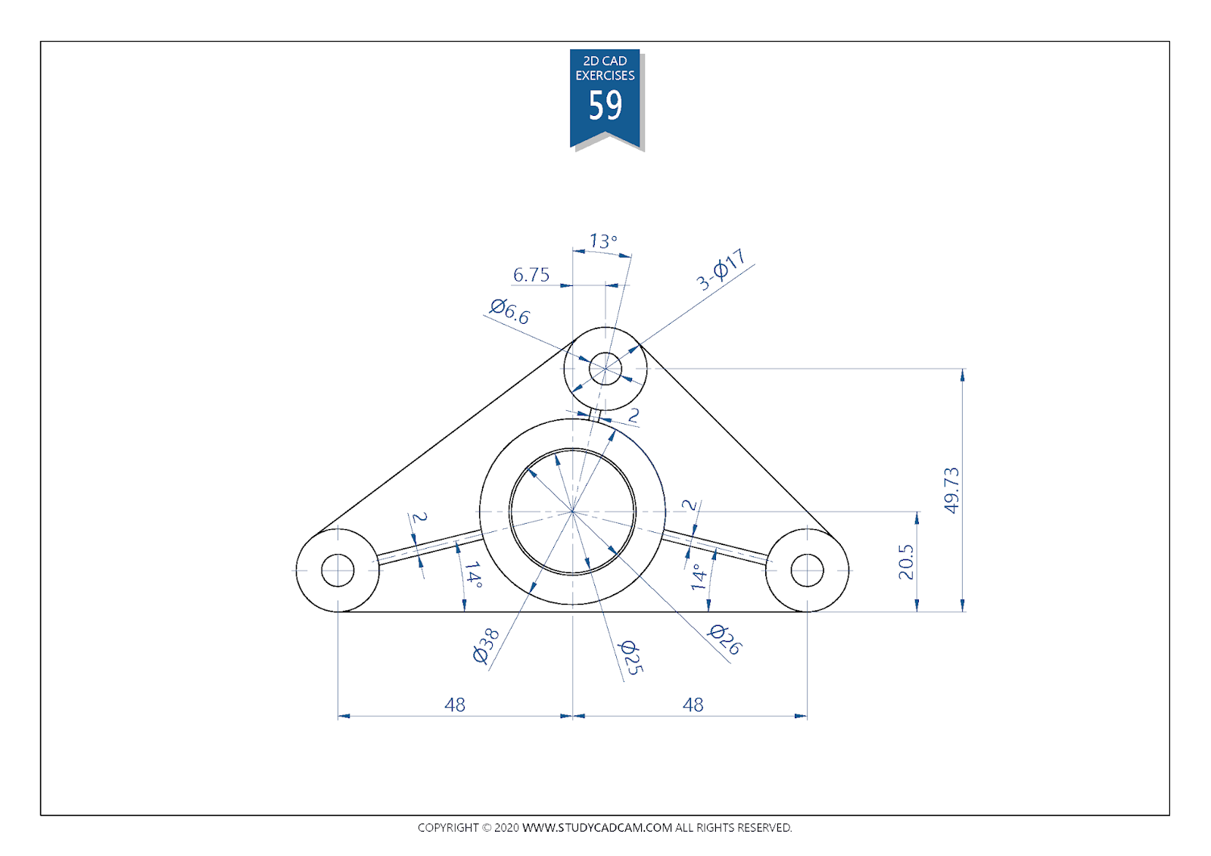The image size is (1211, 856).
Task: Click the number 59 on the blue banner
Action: [x=605, y=106]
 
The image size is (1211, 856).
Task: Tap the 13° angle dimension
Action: [x=603, y=241]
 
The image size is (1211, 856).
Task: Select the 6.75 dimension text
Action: [x=531, y=275]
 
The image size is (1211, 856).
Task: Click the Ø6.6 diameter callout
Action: [x=509, y=311]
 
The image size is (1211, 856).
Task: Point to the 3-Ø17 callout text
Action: [x=721, y=269]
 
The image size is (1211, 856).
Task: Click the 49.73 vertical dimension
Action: [x=951, y=490]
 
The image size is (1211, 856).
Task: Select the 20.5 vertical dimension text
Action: [x=906, y=562]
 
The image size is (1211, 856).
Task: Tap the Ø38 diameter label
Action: [x=485, y=646]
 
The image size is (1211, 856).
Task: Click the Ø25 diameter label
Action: [x=630, y=658]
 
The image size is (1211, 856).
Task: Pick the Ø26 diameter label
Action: [x=725, y=640]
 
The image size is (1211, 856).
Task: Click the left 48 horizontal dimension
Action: [x=455, y=705]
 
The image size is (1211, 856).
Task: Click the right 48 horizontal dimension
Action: [x=693, y=705]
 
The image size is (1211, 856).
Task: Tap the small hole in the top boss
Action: [x=605, y=369]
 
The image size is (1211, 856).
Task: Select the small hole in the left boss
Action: [x=338, y=570]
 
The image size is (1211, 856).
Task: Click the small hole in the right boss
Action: [x=807, y=570]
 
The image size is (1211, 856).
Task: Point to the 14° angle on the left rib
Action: [x=473, y=574]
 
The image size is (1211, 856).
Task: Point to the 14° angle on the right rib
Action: [x=699, y=577]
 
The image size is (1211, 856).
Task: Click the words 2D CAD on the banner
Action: [x=605, y=61]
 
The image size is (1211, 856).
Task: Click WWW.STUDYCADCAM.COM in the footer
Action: [x=597, y=827]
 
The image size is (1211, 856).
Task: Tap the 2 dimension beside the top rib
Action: [x=634, y=415]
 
